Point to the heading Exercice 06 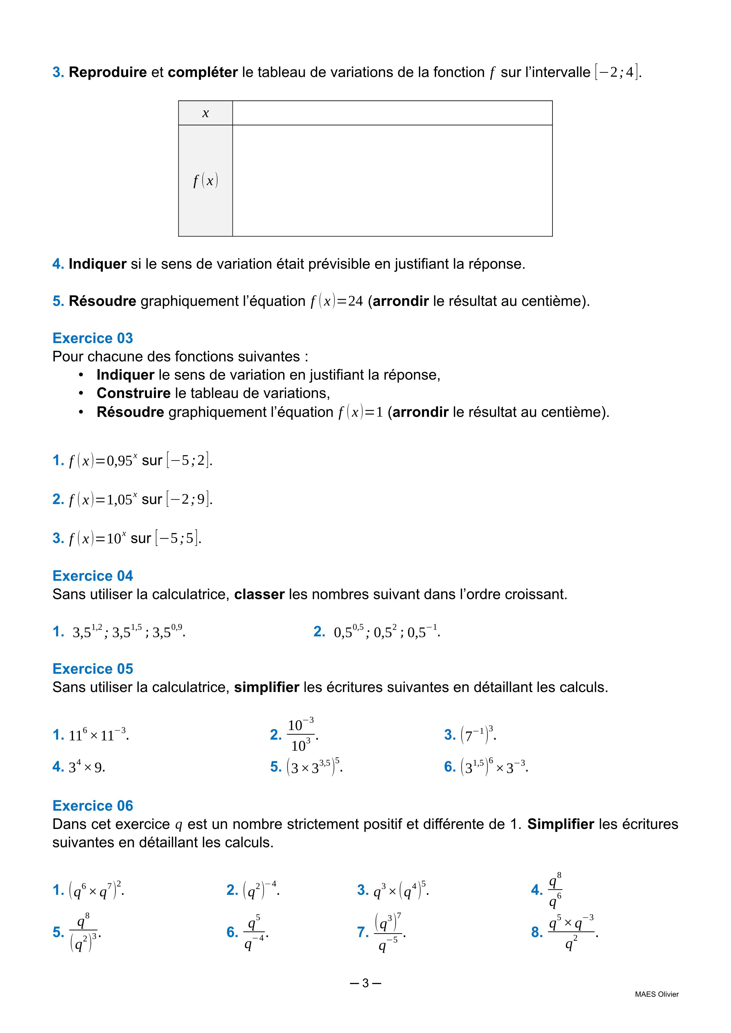[93, 805]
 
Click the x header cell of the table [205, 113]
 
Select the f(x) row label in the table [205, 181]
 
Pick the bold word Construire [133, 393]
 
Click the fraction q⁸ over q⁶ [555, 890]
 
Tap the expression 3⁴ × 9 [86, 767]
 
